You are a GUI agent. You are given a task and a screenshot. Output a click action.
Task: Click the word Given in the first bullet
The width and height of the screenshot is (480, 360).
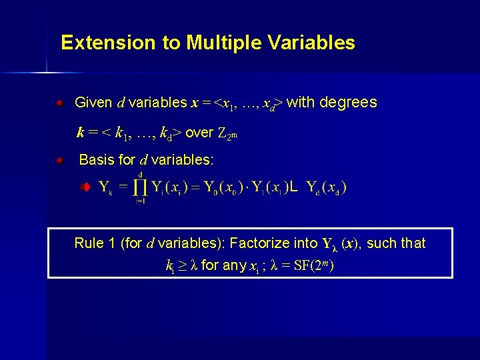pos(93,103)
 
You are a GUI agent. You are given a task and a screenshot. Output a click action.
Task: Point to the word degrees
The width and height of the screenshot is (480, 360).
pos(349,103)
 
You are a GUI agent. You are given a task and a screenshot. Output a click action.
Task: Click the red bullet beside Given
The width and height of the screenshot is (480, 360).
pos(60,103)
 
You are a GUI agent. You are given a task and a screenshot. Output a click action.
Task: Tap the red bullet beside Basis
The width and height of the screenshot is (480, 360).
pos(60,161)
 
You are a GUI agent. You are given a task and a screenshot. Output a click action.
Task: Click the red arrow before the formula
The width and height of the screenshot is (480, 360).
pos(84,189)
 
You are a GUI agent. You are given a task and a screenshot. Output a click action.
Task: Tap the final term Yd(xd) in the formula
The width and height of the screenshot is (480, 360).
pos(326,188)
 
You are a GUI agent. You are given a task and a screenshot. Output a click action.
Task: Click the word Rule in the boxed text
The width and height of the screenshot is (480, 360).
pos(89,243)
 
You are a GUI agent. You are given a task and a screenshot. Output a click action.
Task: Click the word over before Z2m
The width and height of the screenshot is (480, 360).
pos(199,133)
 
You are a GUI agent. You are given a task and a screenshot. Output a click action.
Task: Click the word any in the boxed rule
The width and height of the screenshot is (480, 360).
pos(234,266)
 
